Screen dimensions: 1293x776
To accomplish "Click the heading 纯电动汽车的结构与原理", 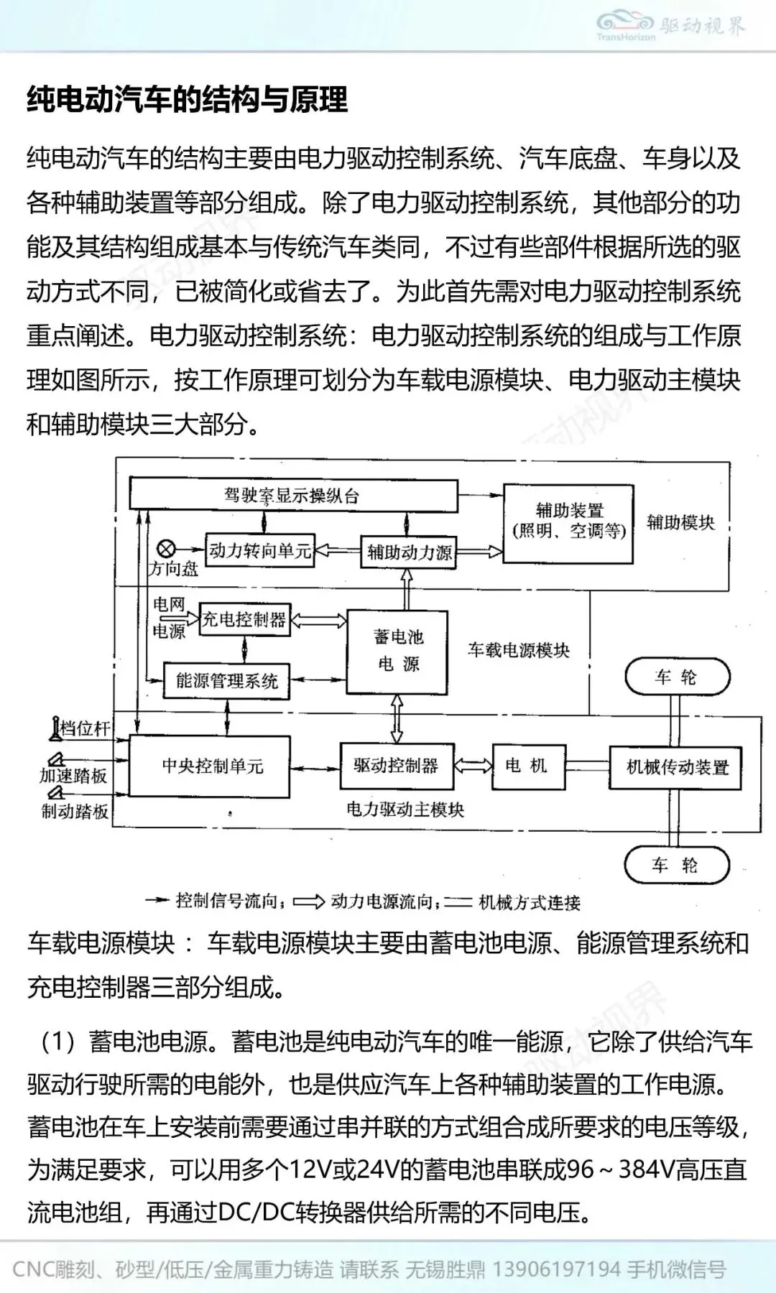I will pyautogui.click(x=187, y=99).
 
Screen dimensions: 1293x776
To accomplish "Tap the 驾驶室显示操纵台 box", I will pyautogui.click(x=293, y=496).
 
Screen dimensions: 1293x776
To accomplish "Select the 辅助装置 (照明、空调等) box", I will pyautogui.click(x=568, y=522).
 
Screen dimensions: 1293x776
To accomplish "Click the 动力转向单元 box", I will pyautogui.click(x=259, y=551).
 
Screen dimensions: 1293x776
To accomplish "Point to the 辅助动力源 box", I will pyautogui.click(x=408, y=552).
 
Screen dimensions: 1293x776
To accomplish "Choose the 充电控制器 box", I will pyautogui.click(x=244, y=619).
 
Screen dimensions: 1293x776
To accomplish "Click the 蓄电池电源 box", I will pyautogui.click(x=397, y=652).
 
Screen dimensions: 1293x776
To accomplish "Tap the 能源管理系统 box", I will pyautogui.click(x=226, y=681).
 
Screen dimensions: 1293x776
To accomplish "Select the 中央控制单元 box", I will pyautogui.click(x=210, y=766).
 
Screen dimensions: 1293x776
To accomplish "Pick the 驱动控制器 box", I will pyautogui.click(x=396, y=766).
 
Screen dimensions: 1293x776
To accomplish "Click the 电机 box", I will pyautogui.click(x=528, y=766).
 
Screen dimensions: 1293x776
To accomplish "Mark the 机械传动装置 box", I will pyautogui.click(x=676, y=768).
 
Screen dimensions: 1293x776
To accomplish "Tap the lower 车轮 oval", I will pyautogui.click(x=676, y=865).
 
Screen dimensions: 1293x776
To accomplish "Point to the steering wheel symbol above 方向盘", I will pyautogui.click(x=166, y=550).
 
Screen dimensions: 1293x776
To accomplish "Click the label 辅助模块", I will pyautogui.click(x=680, y=522).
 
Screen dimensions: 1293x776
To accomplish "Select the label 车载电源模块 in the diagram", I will pyautogui.click(x=518, y=651).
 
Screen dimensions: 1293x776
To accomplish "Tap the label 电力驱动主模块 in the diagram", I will pyautogui.click(x=405, y=810).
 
